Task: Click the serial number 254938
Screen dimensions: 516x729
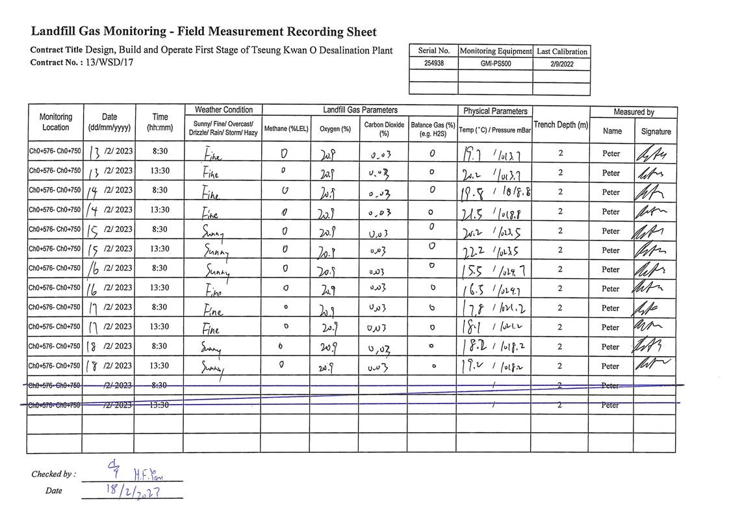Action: tap(433, 64)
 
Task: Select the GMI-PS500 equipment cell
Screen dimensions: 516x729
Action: tap(495, 64)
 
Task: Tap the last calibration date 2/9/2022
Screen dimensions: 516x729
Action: tap(561, 64)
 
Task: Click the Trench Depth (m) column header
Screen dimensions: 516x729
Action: tap(561, 124)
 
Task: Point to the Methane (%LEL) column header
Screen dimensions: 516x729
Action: tap(286, 129)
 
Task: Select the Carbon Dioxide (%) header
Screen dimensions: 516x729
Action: tap(383, 129)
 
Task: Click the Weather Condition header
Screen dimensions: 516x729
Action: tap(224, 110)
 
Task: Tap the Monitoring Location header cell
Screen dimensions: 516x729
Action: tap(55, 122)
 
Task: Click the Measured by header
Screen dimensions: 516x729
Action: tap(633, 112)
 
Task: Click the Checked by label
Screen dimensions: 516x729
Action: tap(53, 474)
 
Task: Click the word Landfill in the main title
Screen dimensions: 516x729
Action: tap(56, 32)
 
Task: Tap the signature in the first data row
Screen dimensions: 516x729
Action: tap(655, 153)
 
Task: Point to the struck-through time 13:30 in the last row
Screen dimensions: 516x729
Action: tap(160, 405)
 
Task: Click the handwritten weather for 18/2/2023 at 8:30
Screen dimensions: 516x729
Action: tap(212, 348)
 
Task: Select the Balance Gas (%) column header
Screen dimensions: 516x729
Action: tap(433, 129)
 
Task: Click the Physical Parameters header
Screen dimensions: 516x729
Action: tap(494, 111)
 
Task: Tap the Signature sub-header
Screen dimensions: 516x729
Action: tap(656, 131)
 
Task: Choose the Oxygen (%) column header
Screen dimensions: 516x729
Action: tap(335, 129)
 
